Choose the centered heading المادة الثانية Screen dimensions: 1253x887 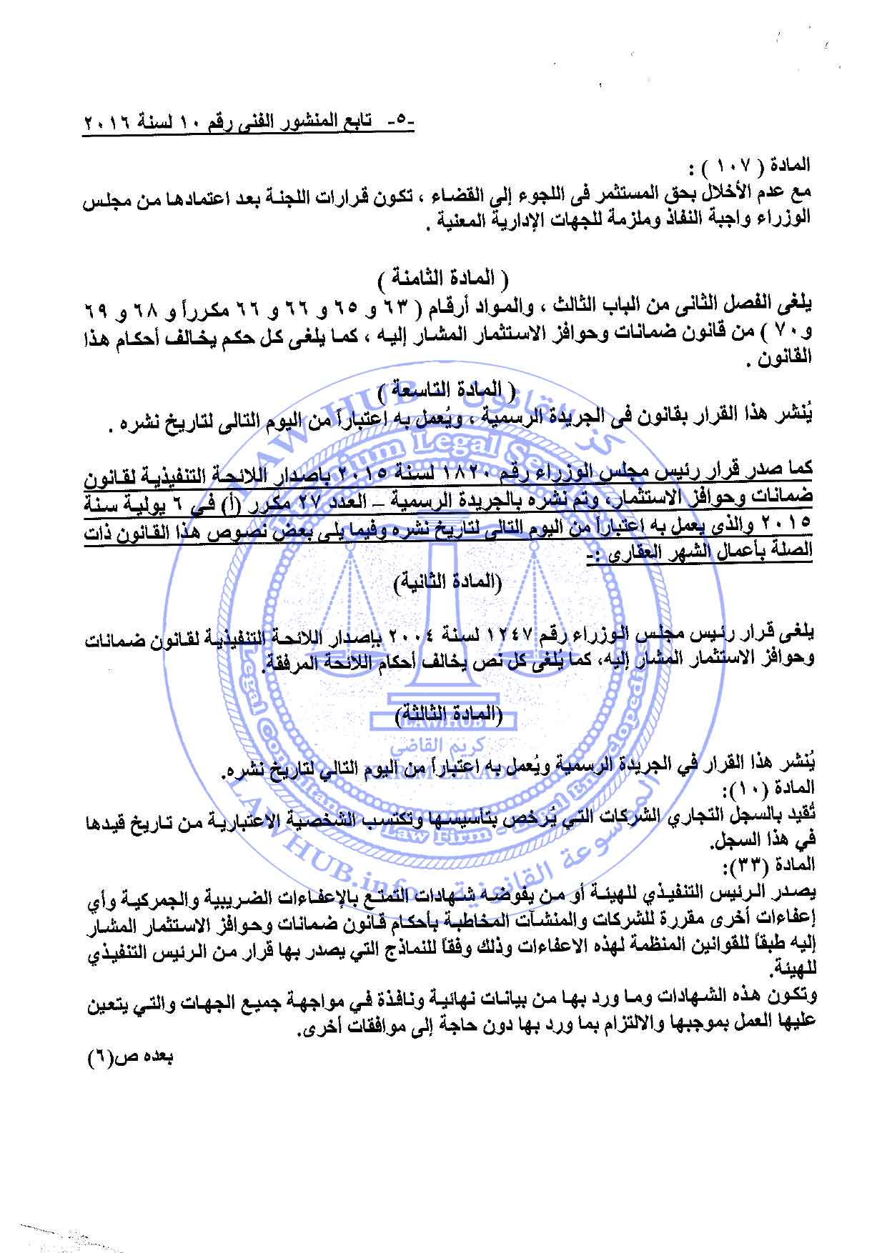coord(447,581)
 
